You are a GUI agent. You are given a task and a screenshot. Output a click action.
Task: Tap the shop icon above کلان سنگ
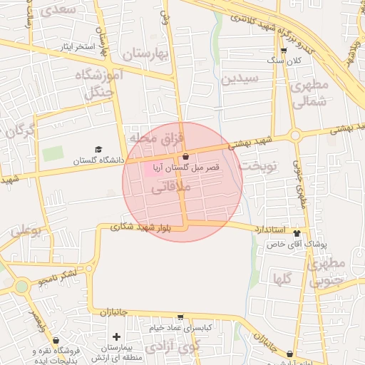coord(284,50)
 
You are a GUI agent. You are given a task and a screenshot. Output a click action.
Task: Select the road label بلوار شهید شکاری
coord(140,227)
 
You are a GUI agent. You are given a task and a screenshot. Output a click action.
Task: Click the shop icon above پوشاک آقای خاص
coord(297,233)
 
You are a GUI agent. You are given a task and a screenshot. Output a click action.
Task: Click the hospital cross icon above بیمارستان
coord(117,336)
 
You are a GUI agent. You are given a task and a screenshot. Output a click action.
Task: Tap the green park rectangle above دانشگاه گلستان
coord(52,153)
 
